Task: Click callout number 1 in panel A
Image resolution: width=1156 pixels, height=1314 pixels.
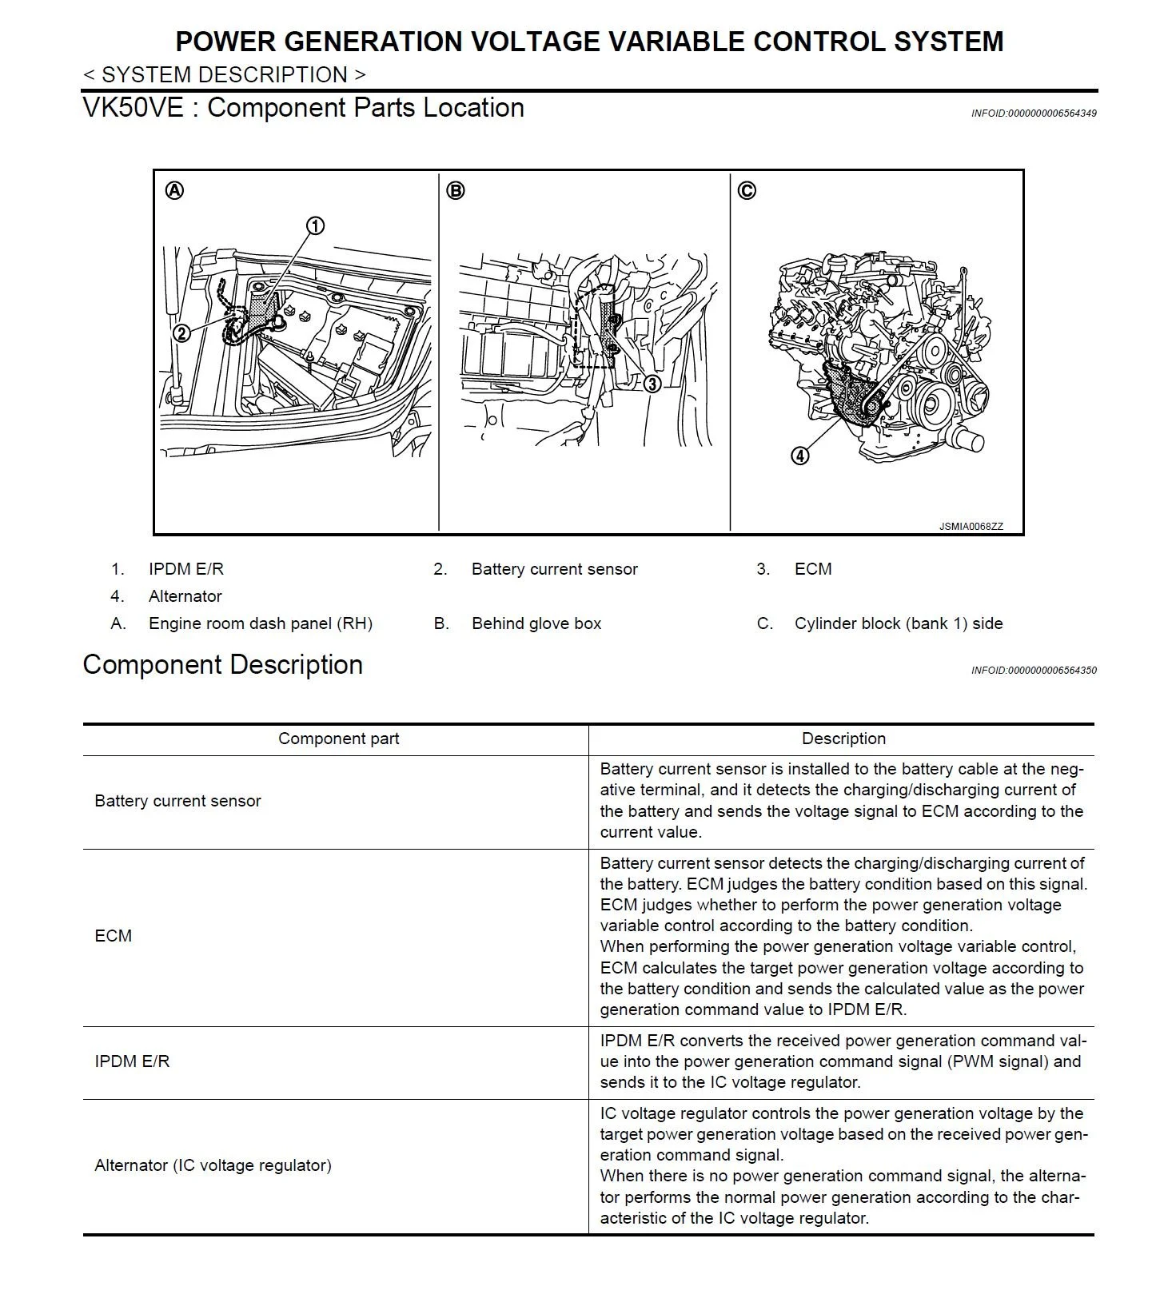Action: [x=316, y=226]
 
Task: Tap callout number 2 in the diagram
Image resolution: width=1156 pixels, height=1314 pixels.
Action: [x=181, y=333]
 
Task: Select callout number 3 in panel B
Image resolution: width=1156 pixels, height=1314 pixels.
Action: [x=652, y=384]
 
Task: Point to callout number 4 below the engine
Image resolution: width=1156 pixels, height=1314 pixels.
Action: [x=800, y=456]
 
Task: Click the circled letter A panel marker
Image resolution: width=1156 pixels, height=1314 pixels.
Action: [x=174, y=191]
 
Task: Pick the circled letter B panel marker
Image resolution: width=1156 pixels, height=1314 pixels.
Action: [x=456, y=191]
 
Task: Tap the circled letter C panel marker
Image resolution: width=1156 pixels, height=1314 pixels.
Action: [x=747, y=191]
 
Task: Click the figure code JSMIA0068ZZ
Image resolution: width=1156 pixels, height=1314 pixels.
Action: [x=971, y=527]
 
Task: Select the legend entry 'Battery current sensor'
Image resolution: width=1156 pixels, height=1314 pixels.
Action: [x=554, y=569]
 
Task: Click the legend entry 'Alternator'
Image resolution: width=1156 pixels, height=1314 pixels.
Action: [x=185, y=596]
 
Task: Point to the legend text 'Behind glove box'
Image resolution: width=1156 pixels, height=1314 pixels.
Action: [x=536, y=623]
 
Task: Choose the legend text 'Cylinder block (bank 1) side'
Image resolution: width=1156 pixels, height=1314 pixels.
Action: [x=898, y=623]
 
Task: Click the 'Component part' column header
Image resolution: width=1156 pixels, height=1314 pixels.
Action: [x=338, y=739]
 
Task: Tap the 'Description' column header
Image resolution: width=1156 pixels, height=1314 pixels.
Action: [x=843, y=739]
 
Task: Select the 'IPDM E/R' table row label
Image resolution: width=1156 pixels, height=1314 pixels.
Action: [x=132, y=1061]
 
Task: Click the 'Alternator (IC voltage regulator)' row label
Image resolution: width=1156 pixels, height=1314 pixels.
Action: [x=213, y=1165]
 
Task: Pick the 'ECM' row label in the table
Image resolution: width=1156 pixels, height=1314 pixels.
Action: [x=113, y=936]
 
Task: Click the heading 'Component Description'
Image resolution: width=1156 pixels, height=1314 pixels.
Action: [x=222, y=665]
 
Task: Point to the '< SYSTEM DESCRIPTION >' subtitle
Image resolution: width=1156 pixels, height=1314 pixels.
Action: [x=224, y=75]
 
